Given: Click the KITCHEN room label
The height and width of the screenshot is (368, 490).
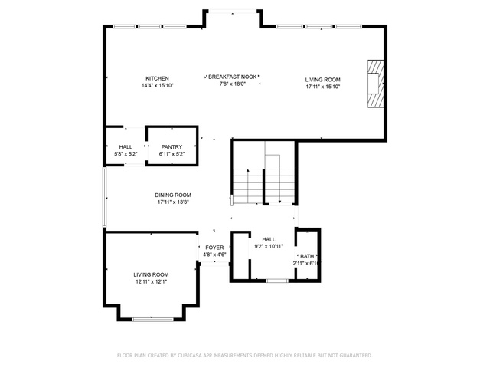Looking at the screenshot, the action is (x=157, y=78).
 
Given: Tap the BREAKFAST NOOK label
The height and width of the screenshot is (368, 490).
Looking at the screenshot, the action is (x=233, y=77).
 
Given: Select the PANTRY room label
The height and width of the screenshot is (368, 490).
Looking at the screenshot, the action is (x=171, y=146).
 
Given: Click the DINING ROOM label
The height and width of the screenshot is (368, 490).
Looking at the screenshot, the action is (x=173, y=195).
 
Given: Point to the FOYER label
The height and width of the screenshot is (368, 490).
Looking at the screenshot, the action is (x=214, y=248).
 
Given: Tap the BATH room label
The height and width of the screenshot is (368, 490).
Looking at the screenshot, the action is (x=307, y=256).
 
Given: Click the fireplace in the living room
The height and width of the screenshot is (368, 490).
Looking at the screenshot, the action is (x=375, y=84).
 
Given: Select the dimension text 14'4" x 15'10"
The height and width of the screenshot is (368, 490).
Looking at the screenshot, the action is (x=157, y=85).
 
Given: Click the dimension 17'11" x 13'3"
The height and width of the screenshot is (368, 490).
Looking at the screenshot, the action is (x=173, y=202).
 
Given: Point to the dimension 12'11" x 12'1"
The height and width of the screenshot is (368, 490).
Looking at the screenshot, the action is (x=152, y=282).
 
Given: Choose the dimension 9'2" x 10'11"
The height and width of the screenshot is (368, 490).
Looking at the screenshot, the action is (x=269, y=246).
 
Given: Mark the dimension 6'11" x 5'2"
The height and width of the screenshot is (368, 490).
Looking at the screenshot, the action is (x=171, y=154).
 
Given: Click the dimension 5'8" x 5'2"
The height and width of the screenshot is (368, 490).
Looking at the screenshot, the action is (x=126, y=154).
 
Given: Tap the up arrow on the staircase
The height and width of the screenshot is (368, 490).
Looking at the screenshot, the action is (x=248, y=186).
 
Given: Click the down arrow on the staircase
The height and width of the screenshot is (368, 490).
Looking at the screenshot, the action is (x=279, y=179).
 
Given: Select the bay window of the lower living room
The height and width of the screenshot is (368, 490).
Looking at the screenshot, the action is (x=152, y=320).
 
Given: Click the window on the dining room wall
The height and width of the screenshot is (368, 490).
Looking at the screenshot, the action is (x=105, y=197).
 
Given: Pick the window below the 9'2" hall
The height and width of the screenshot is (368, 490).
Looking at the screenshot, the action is (x=277, y=281).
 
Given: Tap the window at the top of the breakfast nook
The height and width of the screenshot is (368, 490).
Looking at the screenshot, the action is (x=233, y=11).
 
